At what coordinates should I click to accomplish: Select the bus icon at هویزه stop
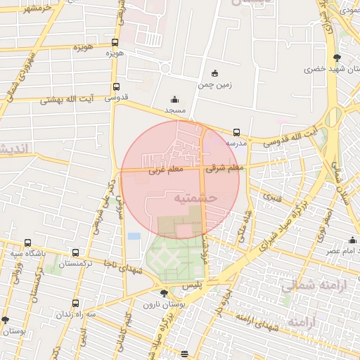[115, 41]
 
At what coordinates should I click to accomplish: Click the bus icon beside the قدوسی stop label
[115, 87]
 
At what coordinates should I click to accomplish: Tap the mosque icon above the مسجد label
[174, 100]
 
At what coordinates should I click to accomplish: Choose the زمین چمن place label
[214, 84]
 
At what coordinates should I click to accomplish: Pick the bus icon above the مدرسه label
[236, 131]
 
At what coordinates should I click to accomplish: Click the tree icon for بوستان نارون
[164, 292]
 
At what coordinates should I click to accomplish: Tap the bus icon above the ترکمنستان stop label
[76, 252]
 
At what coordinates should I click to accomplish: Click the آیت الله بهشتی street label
[70, 100]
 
